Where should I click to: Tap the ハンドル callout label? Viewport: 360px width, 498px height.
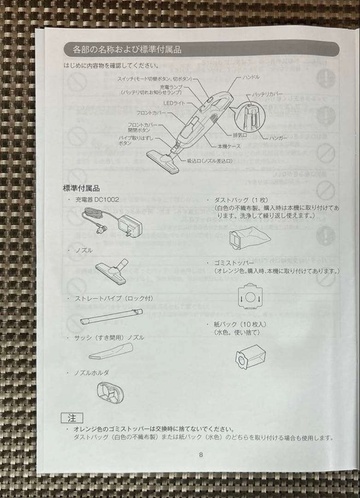[251, 77]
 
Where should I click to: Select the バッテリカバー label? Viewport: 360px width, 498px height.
[267, 94]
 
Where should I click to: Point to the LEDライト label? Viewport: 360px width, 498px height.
[174, 103]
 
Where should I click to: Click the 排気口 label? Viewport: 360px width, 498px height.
[240, 135]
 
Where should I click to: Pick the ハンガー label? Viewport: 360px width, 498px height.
[278, 137]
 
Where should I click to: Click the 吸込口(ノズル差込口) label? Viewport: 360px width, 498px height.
[209, 160]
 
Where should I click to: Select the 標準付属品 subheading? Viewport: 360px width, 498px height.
[81, 188]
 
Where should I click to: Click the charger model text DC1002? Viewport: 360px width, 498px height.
[106, 200]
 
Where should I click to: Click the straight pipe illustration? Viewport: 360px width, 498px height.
[111, 317]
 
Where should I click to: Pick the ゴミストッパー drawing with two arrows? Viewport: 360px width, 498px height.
[249, 297]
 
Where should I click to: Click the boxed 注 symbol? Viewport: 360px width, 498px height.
[72, 418]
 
